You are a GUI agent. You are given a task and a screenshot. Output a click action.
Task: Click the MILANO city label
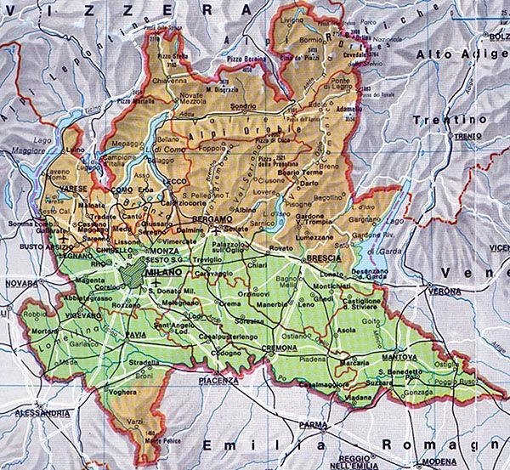point(165,270)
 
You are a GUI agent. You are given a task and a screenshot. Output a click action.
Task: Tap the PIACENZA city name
point(218,381)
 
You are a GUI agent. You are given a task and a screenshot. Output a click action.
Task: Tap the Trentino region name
point(450,120)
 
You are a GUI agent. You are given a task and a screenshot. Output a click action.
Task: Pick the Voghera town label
point(123,392)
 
